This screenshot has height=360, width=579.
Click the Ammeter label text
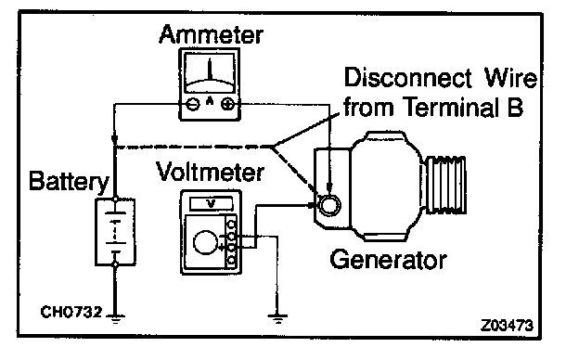(x=211, y=35)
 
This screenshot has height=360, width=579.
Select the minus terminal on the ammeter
(x=192, y=104)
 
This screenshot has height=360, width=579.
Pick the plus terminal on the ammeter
(x=227, y=104)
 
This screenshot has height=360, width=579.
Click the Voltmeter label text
(x=210, y=172)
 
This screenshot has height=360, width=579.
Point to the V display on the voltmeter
(x=211, y=203)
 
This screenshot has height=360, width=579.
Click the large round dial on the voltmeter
(x=205, y=242)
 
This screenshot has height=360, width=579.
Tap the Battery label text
(x=69, y=182)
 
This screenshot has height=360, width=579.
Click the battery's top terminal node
(x=115, y=199)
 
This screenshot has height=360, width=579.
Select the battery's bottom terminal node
(x=115, y=264)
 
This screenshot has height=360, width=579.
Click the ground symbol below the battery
(x=115, y=318)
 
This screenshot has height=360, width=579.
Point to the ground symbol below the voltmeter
(x=277, y=318)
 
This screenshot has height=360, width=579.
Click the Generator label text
(x=388, y=260)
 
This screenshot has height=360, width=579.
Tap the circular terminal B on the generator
(x=329, y=205)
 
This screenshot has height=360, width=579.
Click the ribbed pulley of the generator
(x=445, y=185)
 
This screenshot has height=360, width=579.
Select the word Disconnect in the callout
(x=408, y=78)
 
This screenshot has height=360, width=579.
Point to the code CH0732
(x=71, y=312)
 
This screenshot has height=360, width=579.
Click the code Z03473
(x=507, y=326)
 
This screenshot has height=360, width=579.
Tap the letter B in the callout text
(x=515, y=107)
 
